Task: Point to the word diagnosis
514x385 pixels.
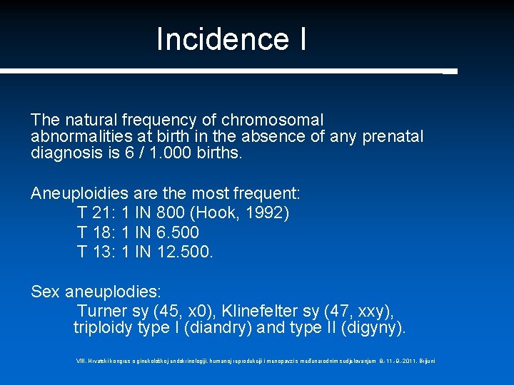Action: click(65, 152)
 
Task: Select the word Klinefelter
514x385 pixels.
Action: click(261, 312)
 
